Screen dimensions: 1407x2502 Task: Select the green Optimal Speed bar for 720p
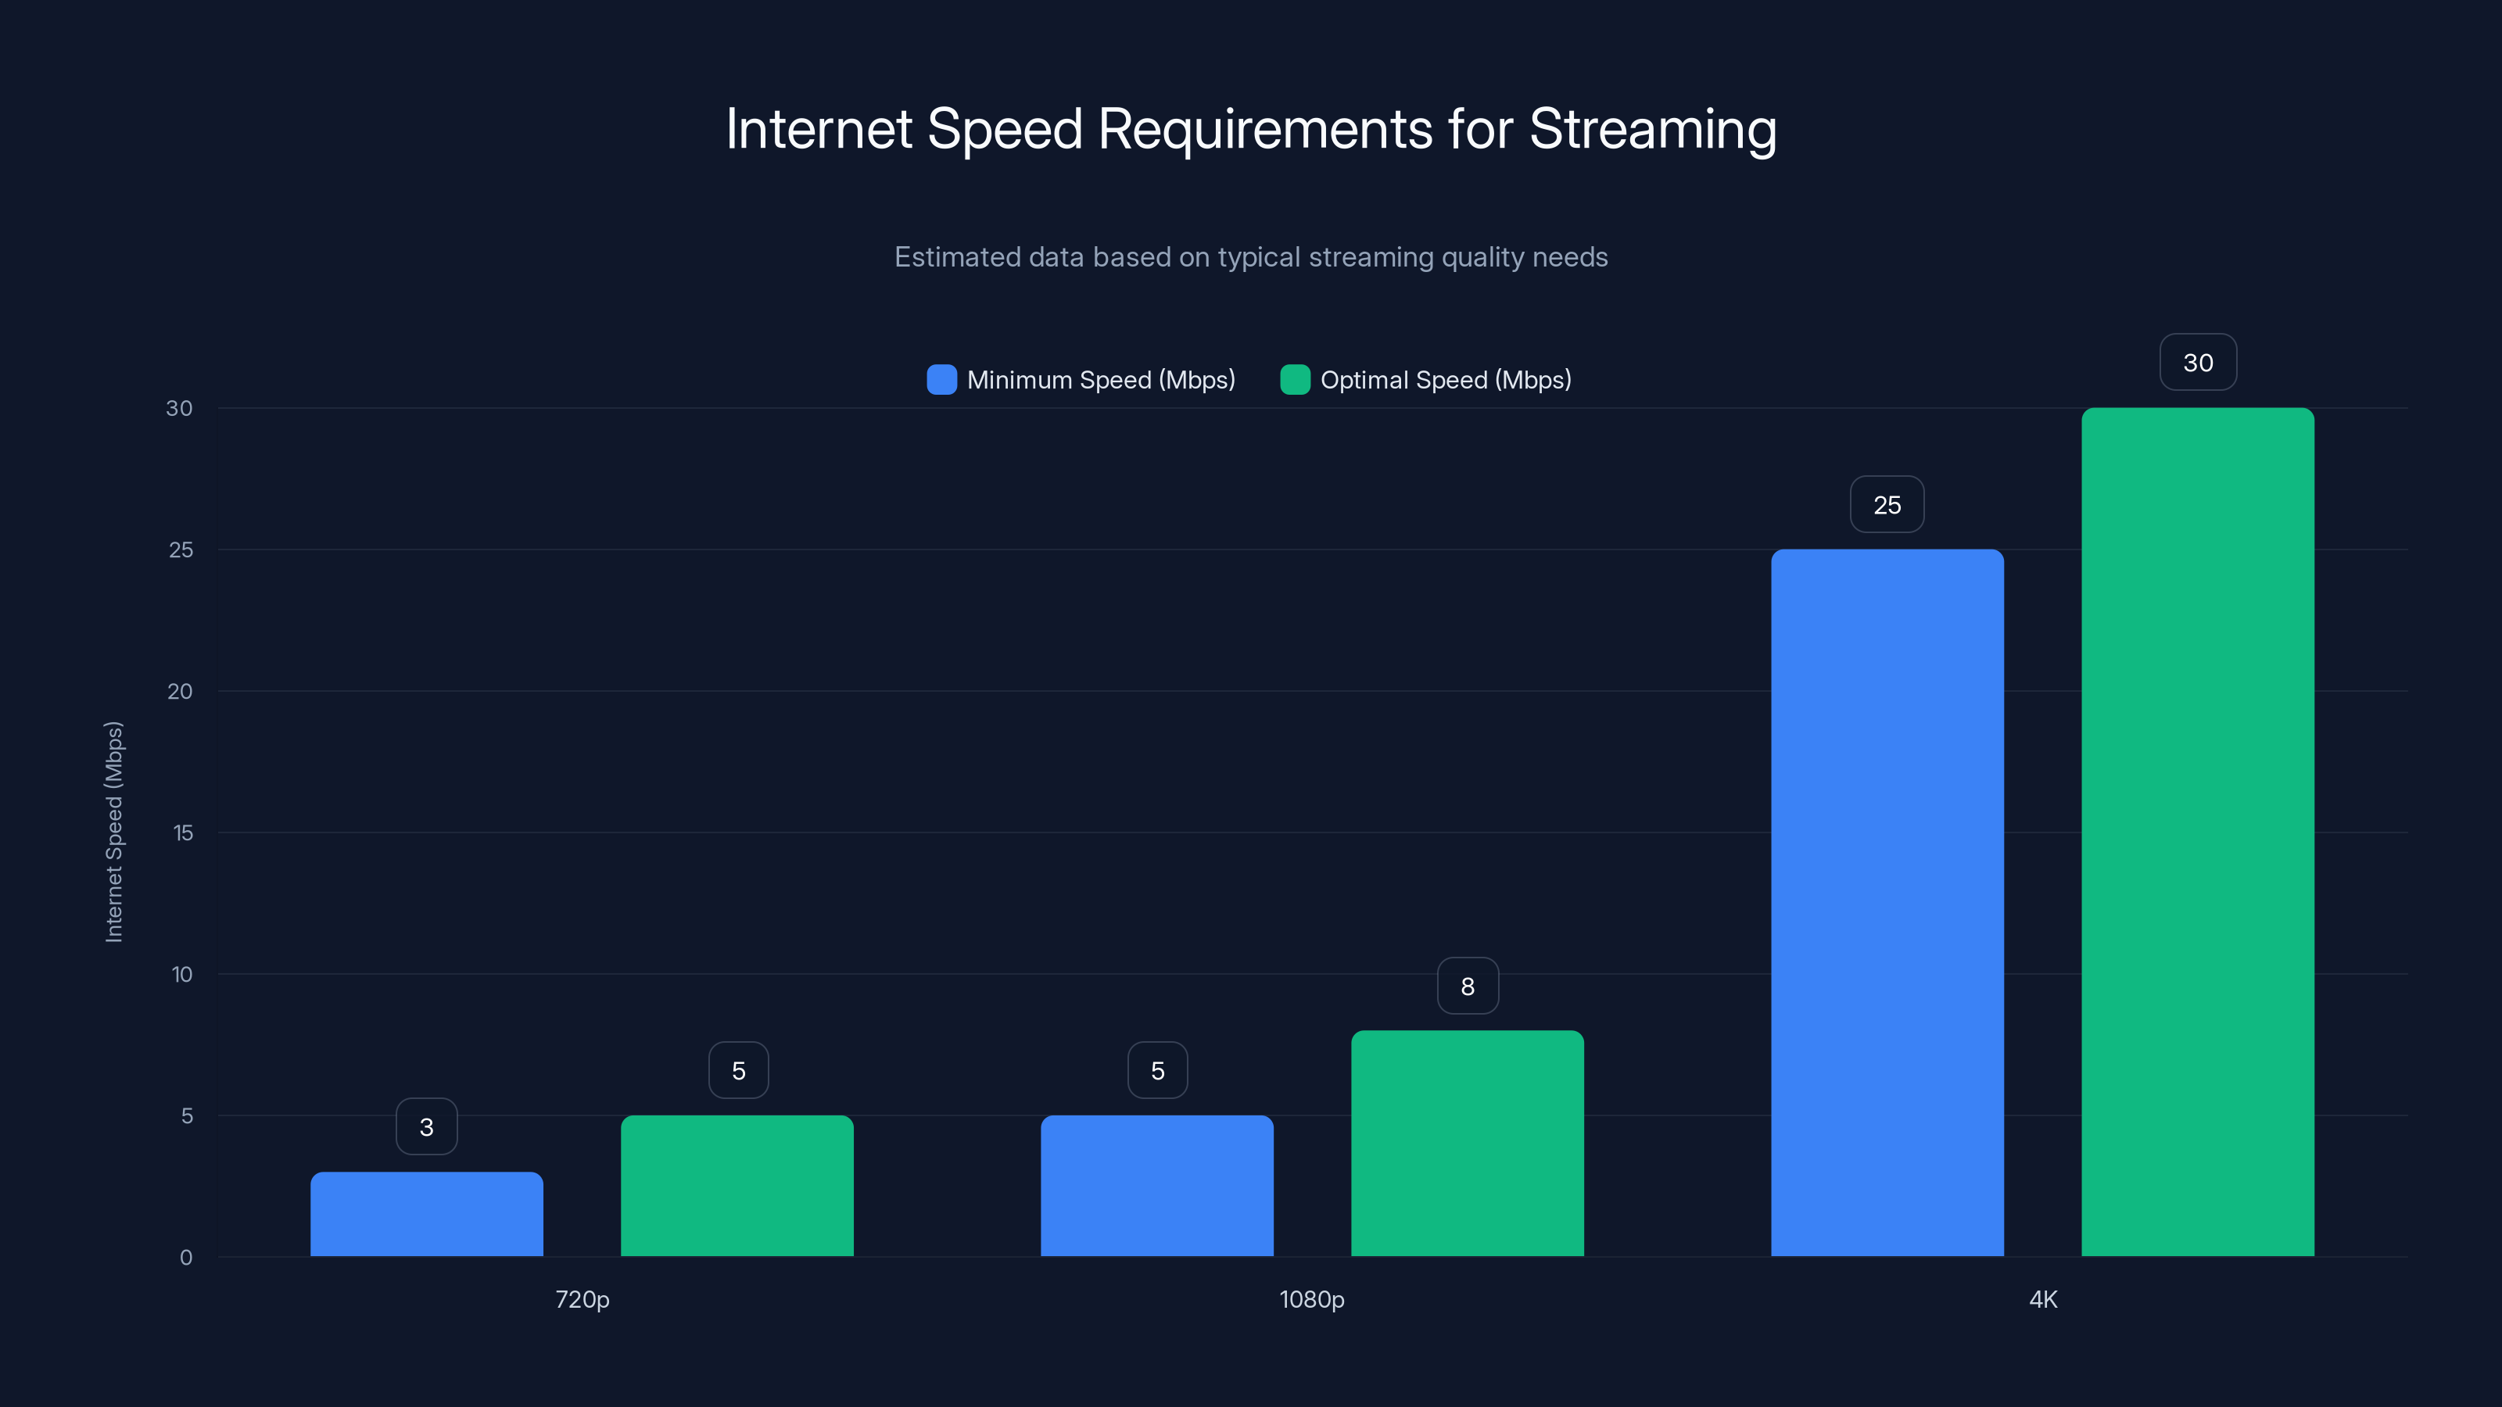click(737, 1186)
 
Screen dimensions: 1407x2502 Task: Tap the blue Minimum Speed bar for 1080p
click(1157, 1186)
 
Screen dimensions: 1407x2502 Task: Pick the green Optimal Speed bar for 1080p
click(1468, 1143)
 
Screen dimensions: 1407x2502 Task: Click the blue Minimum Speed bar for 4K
click(1887, 903)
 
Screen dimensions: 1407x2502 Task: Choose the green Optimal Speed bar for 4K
click(2198, 832)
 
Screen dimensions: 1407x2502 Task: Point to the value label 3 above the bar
click(426, 1126)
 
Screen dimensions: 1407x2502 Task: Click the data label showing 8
click(1468, 986)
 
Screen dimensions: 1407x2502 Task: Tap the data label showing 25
click(1887, 505)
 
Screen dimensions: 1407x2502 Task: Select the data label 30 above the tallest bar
click(2198, 362)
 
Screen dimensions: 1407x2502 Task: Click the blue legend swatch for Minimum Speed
click(941, 380)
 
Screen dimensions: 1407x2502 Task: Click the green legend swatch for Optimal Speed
click(1295, 380)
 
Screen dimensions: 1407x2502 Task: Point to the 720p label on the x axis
click(582, 1299)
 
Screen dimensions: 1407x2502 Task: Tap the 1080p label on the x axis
click(1311, 1299)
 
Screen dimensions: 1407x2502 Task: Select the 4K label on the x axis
click(2042, 1299)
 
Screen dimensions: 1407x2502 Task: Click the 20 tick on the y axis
click(180, 691)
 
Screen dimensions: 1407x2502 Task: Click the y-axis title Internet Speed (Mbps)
click(113, 832)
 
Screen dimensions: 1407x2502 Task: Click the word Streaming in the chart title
click(1652, 129)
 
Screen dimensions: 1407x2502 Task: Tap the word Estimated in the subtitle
click(957, 257)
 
